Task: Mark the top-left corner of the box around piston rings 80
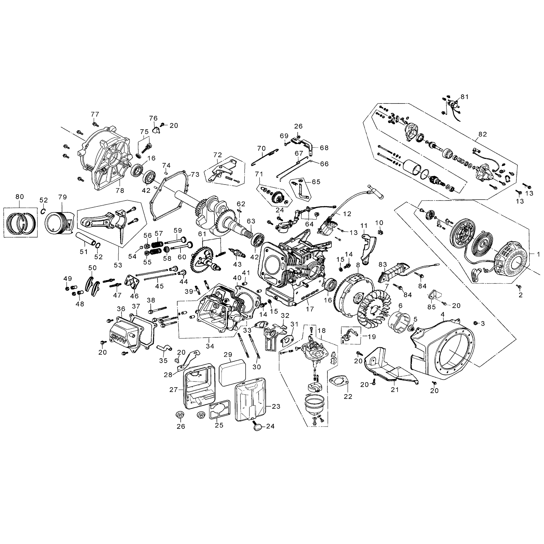point(4,208)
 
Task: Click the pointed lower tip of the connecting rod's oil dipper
point(122,243)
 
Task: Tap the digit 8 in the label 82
point(480,134)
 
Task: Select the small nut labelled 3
point(475,323)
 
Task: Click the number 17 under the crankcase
point(310,309)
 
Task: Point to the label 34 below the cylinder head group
point(210,346)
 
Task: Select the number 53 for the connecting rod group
point(118,265)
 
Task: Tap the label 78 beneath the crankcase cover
point(120,191)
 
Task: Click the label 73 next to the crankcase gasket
point(195,175)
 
